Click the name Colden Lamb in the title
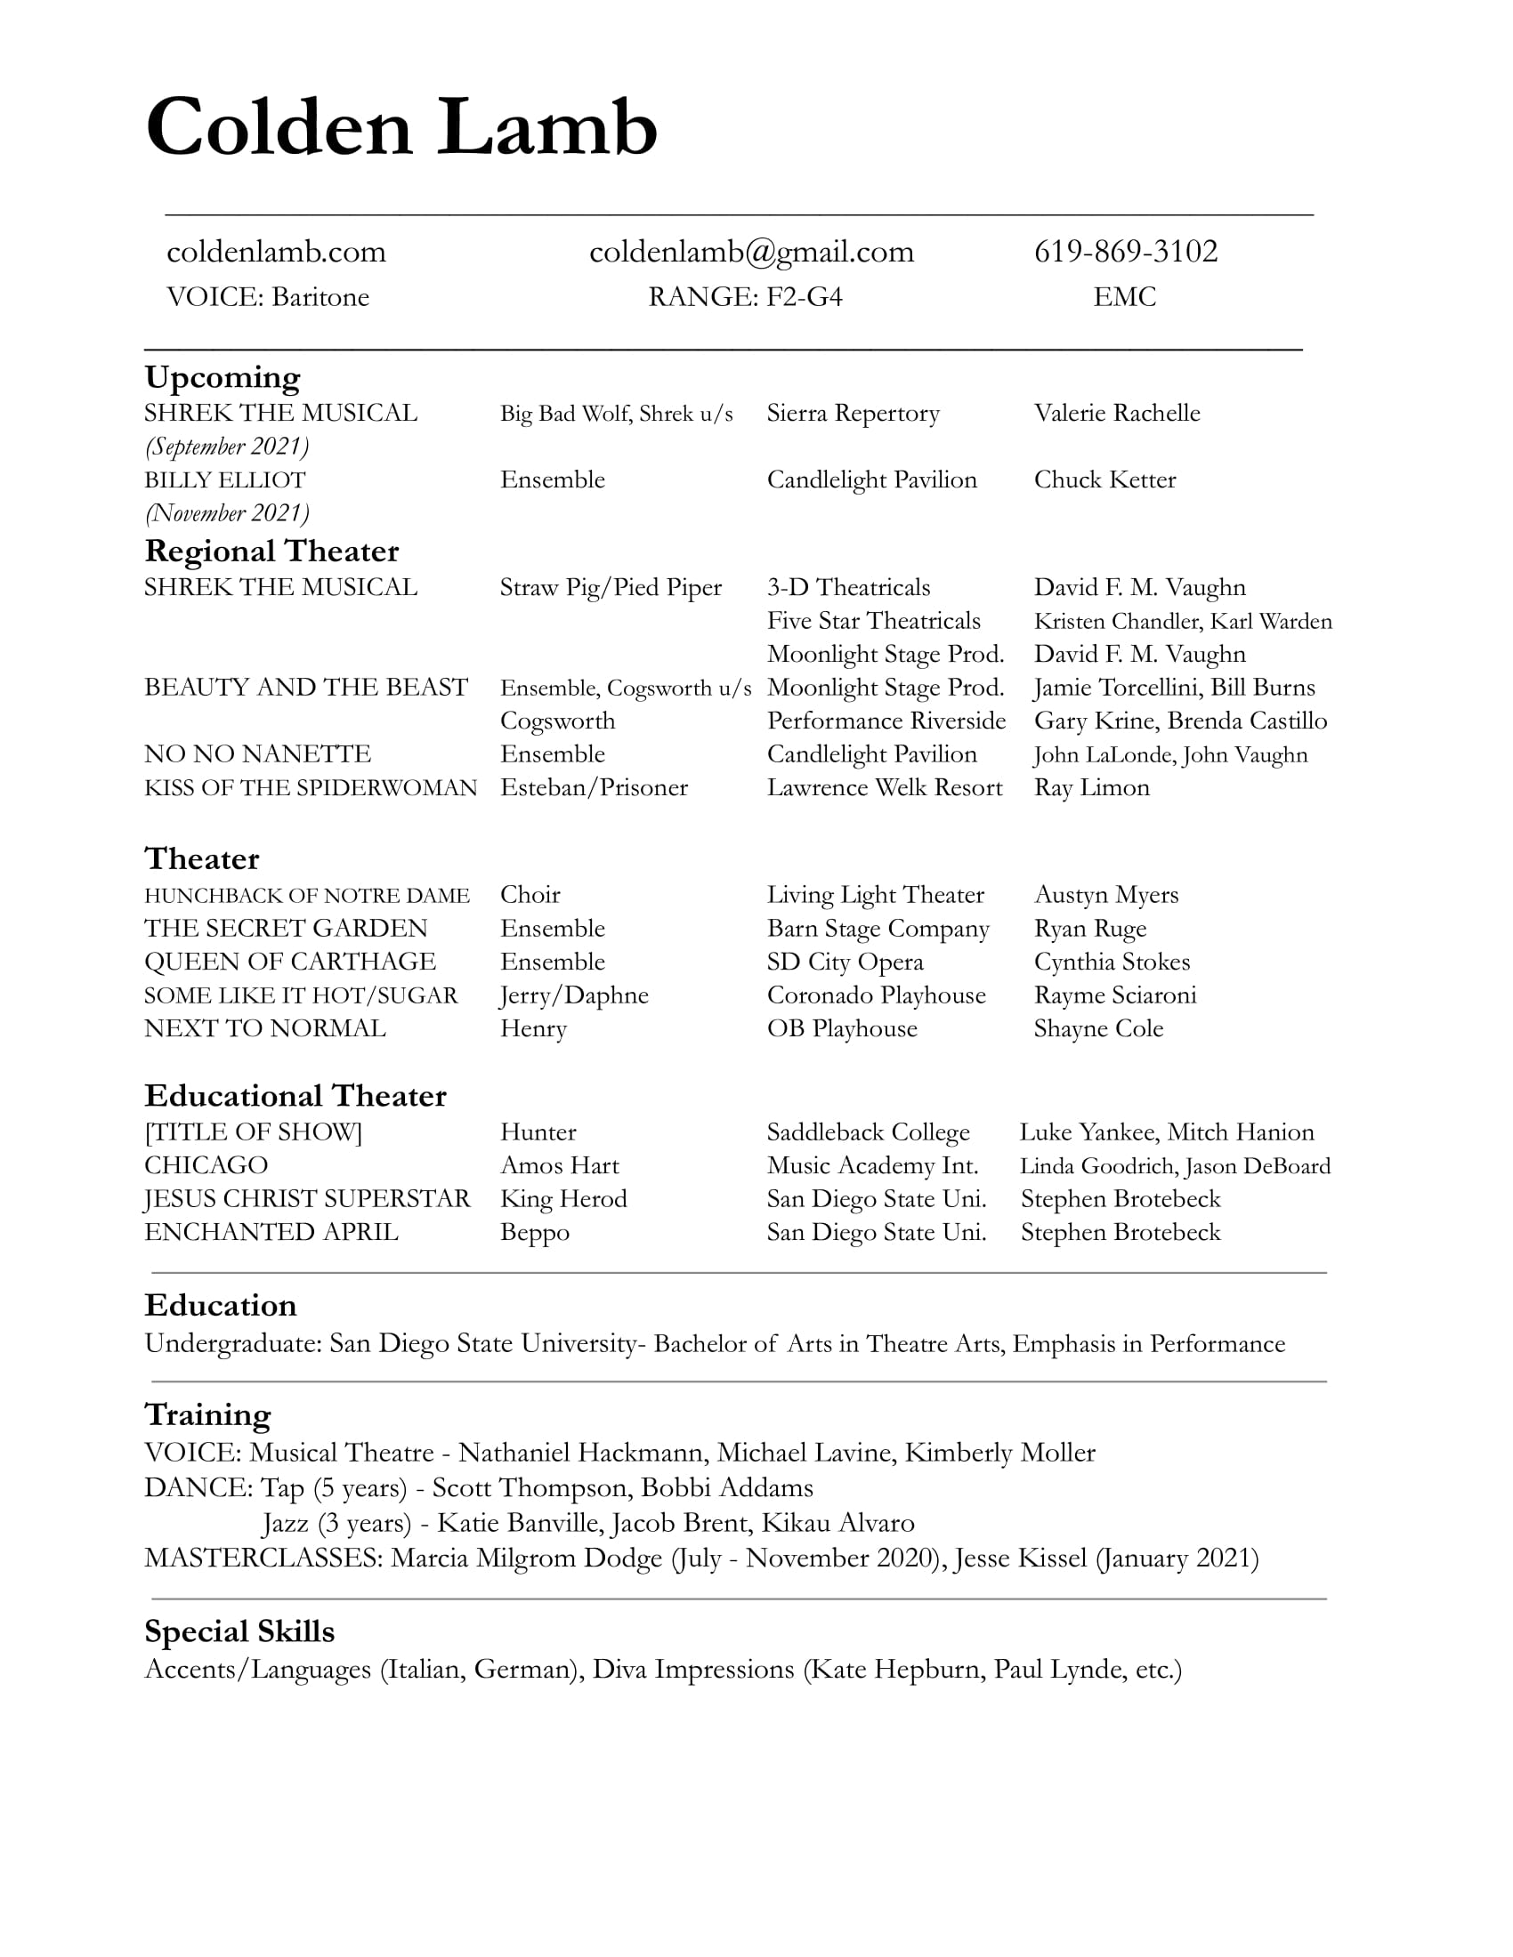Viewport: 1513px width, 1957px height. pyautogui.click(x=400, y=127)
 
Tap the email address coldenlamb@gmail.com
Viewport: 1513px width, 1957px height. pyautogui.click(x=751, y=252)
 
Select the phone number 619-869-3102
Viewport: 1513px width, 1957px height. pyautogui.click(x=1126, y=251)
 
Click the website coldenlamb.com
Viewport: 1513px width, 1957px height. pyautogui.click(x=276, y=252)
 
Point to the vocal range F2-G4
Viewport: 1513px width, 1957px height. pyautogui.click(x=804, y=296)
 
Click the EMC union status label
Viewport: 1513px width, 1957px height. pyautogui.click(x=1125, y=296)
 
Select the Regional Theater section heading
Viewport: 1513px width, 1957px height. pyautogui.click(x=271, y=552)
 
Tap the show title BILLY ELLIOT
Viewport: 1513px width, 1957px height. pyautogui.click(x=225, y=480)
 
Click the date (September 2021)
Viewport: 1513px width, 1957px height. pyautogui.click(x=227, y=447)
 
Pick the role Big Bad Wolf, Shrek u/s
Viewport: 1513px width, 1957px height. pyautogui.click(x=616, y=413)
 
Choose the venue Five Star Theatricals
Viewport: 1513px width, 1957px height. pyautogui.click(x=873, y=621)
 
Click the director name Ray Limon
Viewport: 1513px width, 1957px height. pyautogui.click(x=1091, y=787)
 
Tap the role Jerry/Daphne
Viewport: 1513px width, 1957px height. pyautogui.click(x=574, y=995)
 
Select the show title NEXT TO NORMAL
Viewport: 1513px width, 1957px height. pyautogui.click(x=265, y=1028)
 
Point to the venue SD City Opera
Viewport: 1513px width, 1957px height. pyautogui.click(x=845, y=962)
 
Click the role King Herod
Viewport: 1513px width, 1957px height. pyautogui.click(x=562, y=1199)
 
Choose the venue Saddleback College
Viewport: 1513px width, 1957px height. pyautogui.click(x=868, y=1132)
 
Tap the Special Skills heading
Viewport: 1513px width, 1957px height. pyautogui.click(x=239, y=1631)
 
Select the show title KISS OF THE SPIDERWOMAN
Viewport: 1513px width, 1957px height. pyautogui.click(x=310, y=787)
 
